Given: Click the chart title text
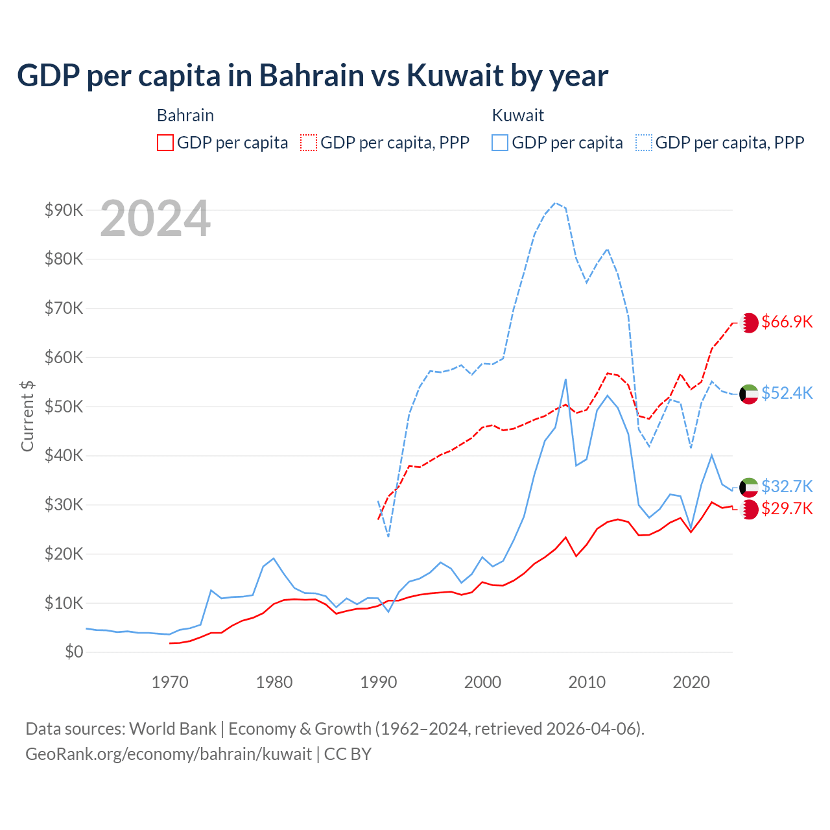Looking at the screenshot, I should [x=313, y=76].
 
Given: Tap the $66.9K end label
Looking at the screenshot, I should [x=787, y=322].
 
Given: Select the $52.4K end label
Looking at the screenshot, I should [x=787, y=394].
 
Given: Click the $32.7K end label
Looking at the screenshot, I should [x=787, y=486].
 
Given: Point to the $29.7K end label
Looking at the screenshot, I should [x=787, y=508].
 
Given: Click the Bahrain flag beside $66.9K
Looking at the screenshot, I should [x=749, y=323].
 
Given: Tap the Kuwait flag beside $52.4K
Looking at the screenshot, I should [x=749, y=394].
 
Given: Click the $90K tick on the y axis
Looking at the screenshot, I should [x=64, y=210].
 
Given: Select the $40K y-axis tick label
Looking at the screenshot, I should [x=64, y=455].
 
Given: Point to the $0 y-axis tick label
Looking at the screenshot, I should [x=74, y=652].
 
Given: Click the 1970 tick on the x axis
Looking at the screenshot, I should [x=170, y=682].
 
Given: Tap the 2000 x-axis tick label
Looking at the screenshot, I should [x=482, y=682].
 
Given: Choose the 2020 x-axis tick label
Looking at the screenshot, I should [x=691, y=682].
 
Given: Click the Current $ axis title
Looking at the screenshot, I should [x=27, y=416].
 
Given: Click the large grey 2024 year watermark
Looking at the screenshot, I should [x=156, y=219].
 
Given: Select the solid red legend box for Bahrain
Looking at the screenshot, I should [x=165, y=143].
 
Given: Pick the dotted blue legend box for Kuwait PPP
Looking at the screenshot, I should [x=644, y=143].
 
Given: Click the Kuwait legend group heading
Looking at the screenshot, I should [x=517, y=115].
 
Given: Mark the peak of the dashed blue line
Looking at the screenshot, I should [x=555, y=203].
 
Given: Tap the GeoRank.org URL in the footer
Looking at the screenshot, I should [x=169, y=754].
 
